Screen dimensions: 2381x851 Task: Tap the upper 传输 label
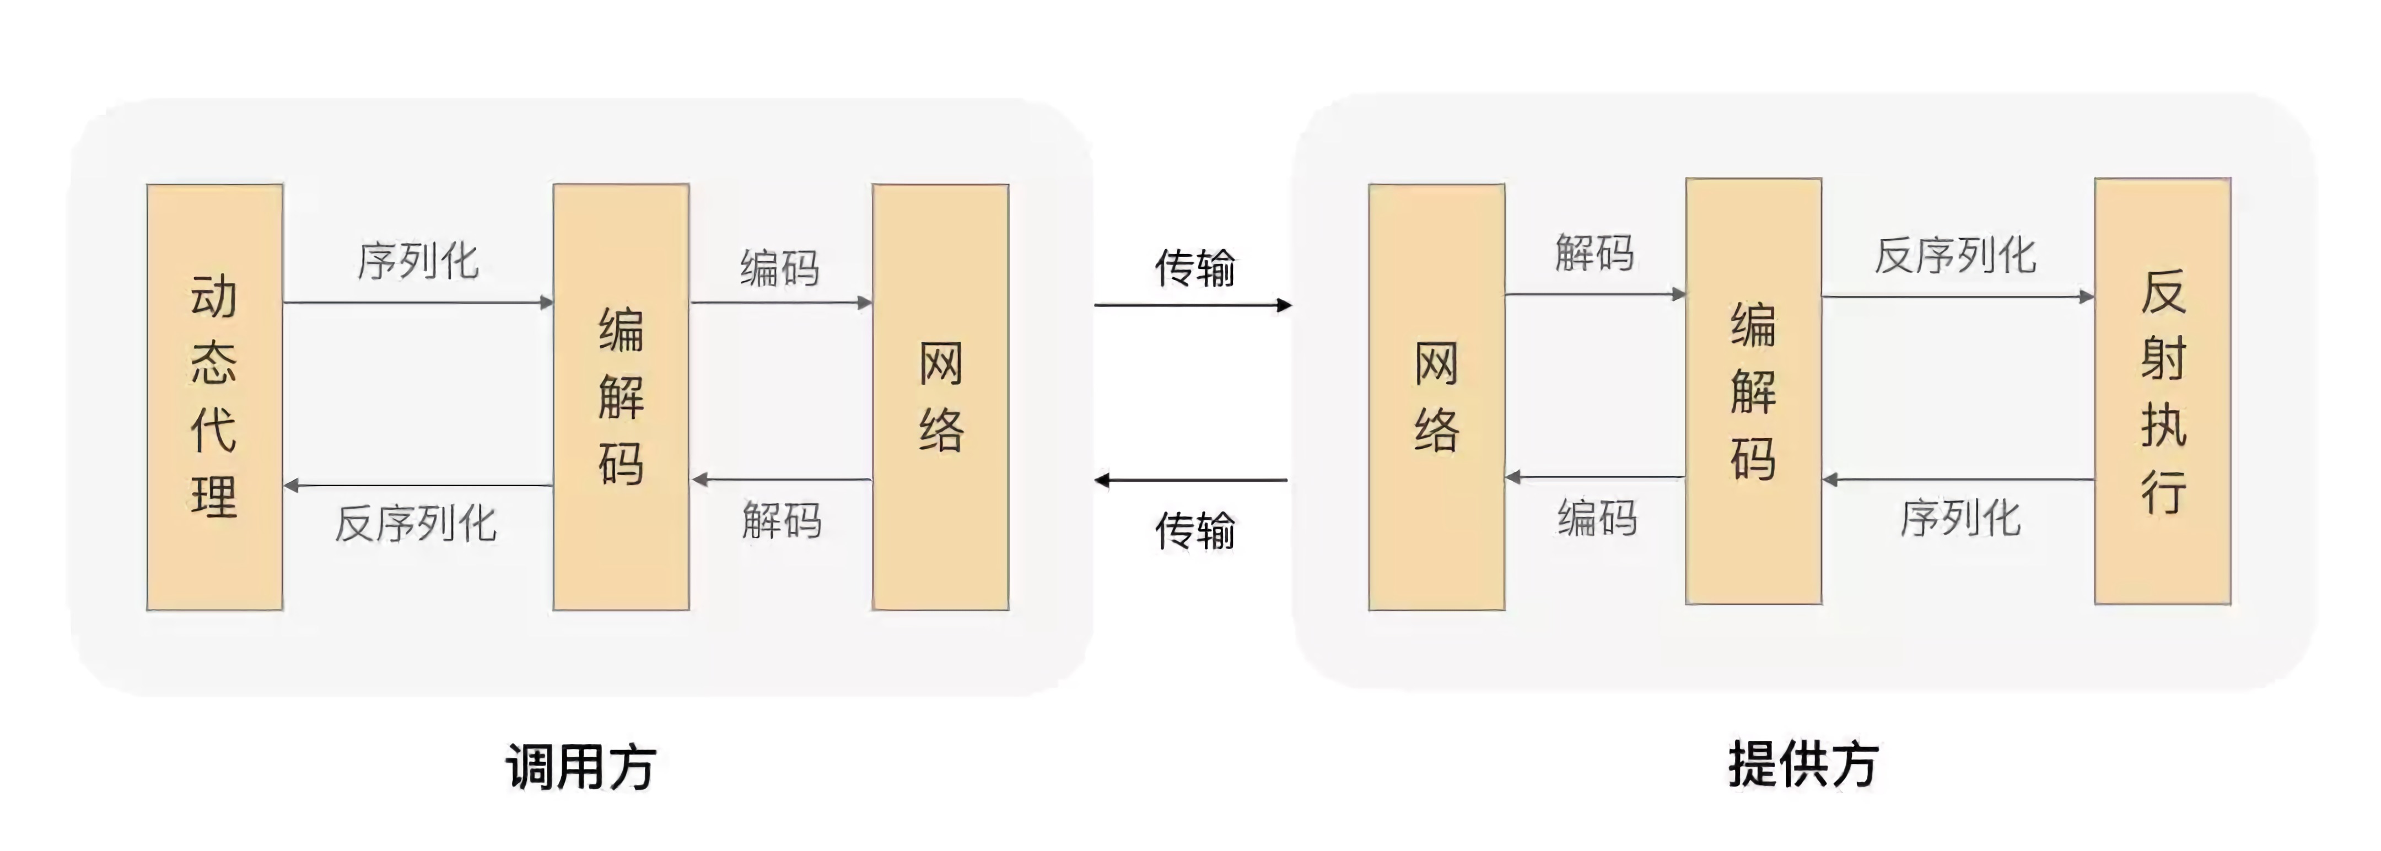1194,268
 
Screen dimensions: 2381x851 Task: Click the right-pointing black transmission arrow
1192,305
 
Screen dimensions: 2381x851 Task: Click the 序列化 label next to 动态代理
418,261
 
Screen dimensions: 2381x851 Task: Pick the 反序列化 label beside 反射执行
1955,255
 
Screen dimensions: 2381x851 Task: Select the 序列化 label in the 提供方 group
1959,518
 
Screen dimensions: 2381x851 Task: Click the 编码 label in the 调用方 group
779,268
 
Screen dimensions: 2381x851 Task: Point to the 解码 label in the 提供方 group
1594,253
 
